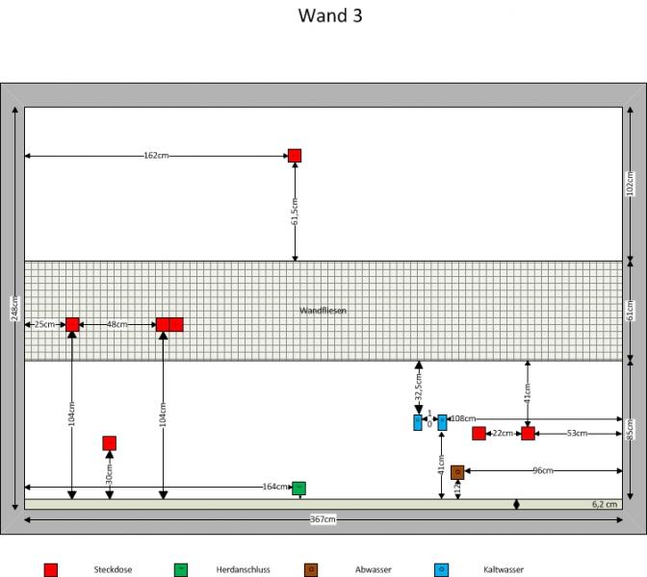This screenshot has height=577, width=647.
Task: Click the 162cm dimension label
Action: pos(156,155)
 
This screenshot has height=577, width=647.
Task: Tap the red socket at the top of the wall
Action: pos(295,156)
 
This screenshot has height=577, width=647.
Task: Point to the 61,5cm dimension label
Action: pos(295,212)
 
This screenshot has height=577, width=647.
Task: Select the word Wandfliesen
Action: pos(323,311)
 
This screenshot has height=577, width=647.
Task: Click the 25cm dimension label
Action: pos(44,325)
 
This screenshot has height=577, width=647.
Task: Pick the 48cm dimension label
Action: pos(116,325)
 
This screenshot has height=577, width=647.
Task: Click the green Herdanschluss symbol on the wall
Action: pos(298,488)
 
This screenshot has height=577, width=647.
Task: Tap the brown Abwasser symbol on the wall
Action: pos(457,472)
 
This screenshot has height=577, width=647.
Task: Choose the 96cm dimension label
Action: pos(543,471)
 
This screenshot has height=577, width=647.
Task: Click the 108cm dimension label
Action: pos(464,419)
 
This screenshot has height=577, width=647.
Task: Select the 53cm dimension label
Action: pos(577,434)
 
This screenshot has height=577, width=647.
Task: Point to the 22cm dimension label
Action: pos(503,434)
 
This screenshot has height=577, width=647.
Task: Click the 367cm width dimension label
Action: pos(323,520)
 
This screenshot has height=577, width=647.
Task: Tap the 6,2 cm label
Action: pos(604,504)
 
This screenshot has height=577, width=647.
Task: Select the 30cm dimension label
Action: pos(109,472)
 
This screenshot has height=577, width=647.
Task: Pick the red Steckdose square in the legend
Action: pos(50,570)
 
